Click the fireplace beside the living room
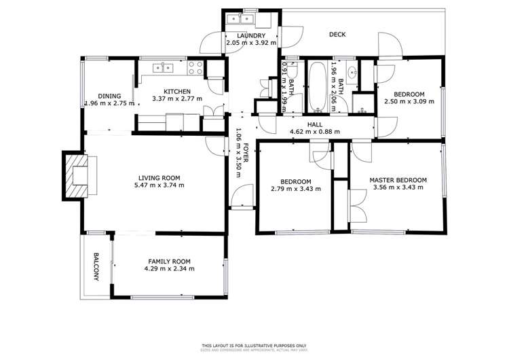[x=75, y=175]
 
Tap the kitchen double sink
[x=164, y=67]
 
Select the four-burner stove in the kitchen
[x=195, y=67]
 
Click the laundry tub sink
[x=240, y=20]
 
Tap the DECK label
[x=337, y=35]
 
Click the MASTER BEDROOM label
[x=398, y=180]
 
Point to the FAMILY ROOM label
[x=169, y=261]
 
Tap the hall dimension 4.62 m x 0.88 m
[x=314, y=132]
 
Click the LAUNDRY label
[x=250, y=35]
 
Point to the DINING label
[x=109, y=96]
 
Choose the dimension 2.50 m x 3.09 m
[x=409, y=101]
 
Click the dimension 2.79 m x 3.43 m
[x=295, y=189]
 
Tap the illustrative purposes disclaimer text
[x=254, y=345]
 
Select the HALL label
[x=314, y=124]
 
